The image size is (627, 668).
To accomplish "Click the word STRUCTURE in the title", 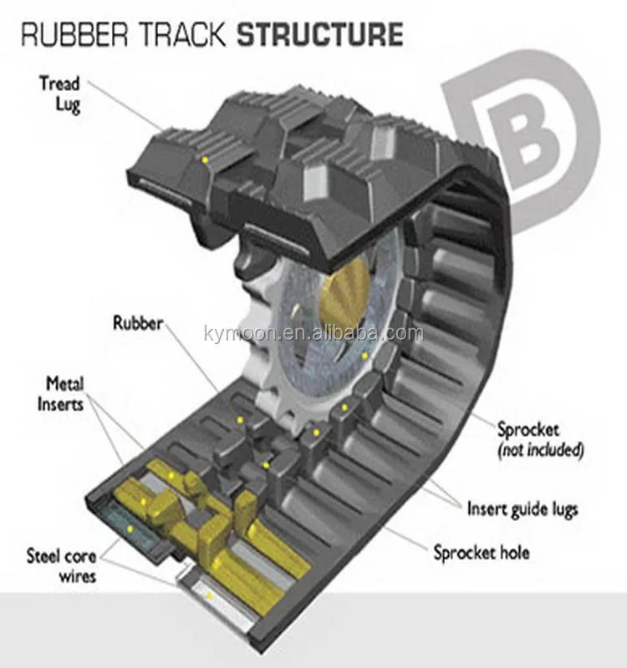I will point(320,35).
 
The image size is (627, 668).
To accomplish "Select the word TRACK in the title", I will point(189,35).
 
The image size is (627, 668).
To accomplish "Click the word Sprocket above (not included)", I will point(528,431).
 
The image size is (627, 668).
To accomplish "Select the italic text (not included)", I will point(540,450).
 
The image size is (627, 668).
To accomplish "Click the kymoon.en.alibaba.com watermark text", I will point(313,334).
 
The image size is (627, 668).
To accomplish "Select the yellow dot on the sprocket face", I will point(365,357).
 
